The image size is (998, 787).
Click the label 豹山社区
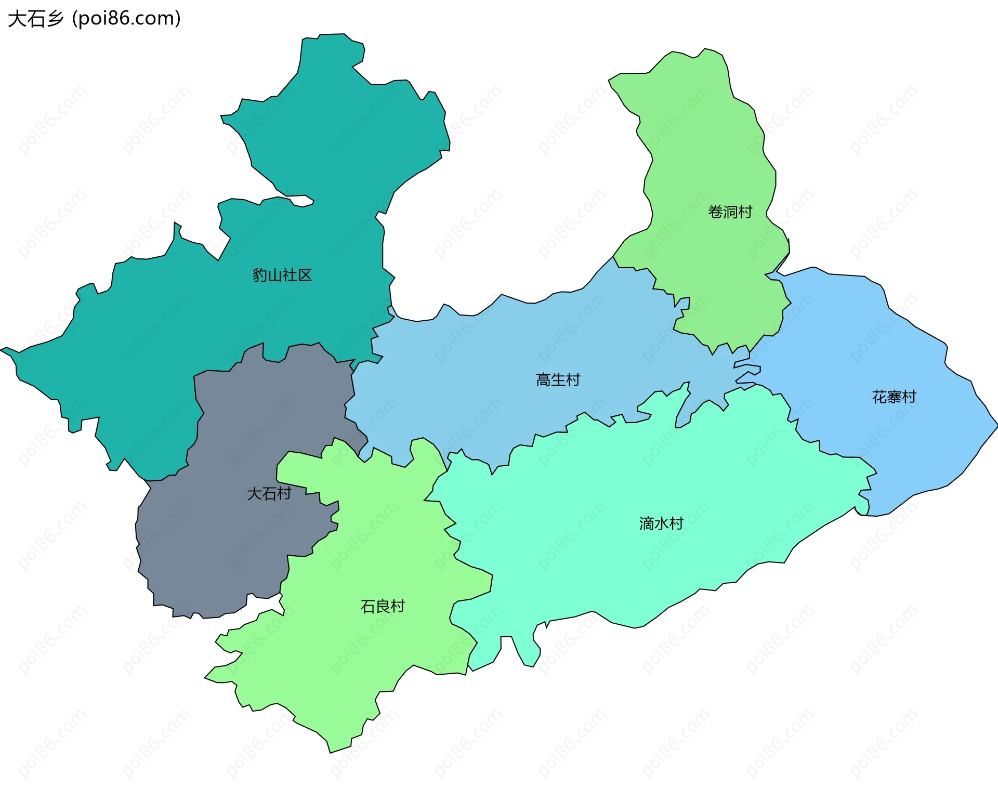(282, 275)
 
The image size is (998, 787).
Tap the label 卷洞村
(730, 212)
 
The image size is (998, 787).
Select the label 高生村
(558, 380)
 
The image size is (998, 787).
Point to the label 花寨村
(894, 397)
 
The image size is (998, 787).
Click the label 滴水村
(661, 523)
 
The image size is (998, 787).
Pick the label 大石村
(269, 493)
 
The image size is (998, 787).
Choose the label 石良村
(383, 606)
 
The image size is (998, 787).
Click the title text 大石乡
(35, 19)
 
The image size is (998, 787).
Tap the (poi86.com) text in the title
(126, 19)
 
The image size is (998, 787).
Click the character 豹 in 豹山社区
(259, 275)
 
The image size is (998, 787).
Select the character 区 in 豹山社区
(305, 275)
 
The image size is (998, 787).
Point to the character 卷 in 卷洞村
(715, 212)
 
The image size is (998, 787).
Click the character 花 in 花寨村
(879, 397)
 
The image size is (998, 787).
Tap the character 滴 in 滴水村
(647, 523)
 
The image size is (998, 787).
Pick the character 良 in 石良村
(383, 606)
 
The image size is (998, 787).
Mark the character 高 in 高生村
(543, 380)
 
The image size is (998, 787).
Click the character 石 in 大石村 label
(269, 493)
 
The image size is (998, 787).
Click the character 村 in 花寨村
(909, 397)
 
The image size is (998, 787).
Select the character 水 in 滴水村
(661, 523)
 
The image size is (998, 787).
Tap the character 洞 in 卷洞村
(730, 212)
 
